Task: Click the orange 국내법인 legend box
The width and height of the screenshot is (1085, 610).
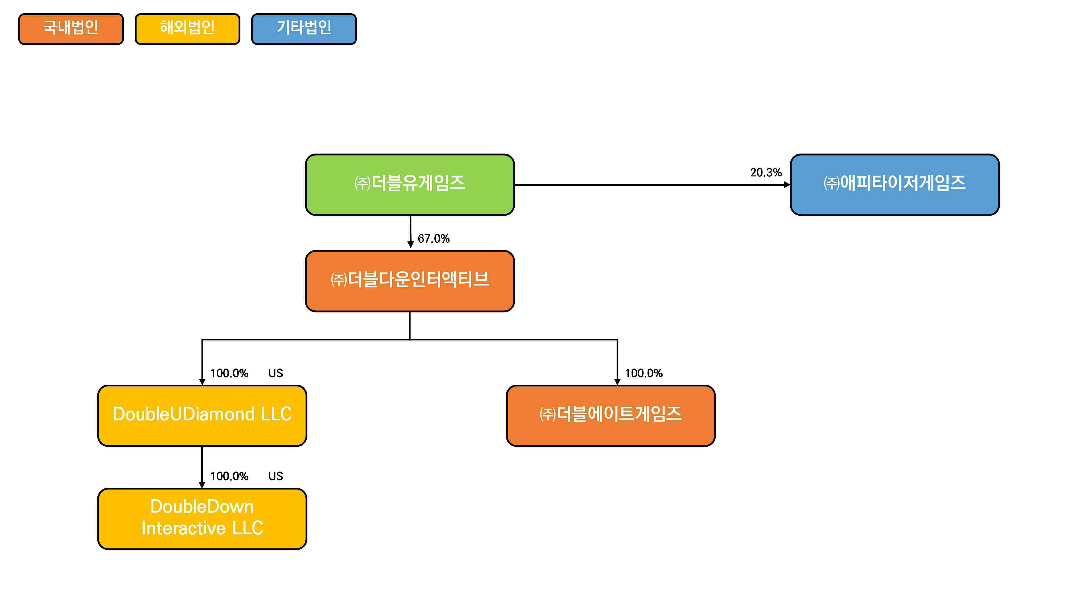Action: tap(71, 29)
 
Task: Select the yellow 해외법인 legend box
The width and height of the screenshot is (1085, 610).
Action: tap(187, 29)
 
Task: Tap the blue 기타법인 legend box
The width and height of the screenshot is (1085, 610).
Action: tap(304, 29)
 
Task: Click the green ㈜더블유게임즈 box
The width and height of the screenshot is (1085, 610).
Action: tap(409, 184)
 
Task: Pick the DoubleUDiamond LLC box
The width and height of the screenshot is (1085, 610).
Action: tap(202, 415)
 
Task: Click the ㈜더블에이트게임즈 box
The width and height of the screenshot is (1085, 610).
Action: tap(610, 415)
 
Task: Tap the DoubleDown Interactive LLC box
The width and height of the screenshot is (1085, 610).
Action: tap(202, 519)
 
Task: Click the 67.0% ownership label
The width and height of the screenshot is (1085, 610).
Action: tap(433, 238)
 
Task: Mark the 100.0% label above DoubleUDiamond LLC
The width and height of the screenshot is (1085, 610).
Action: tap(229, 373)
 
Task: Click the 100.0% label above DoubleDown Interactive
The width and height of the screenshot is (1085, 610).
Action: tap(229, 476)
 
